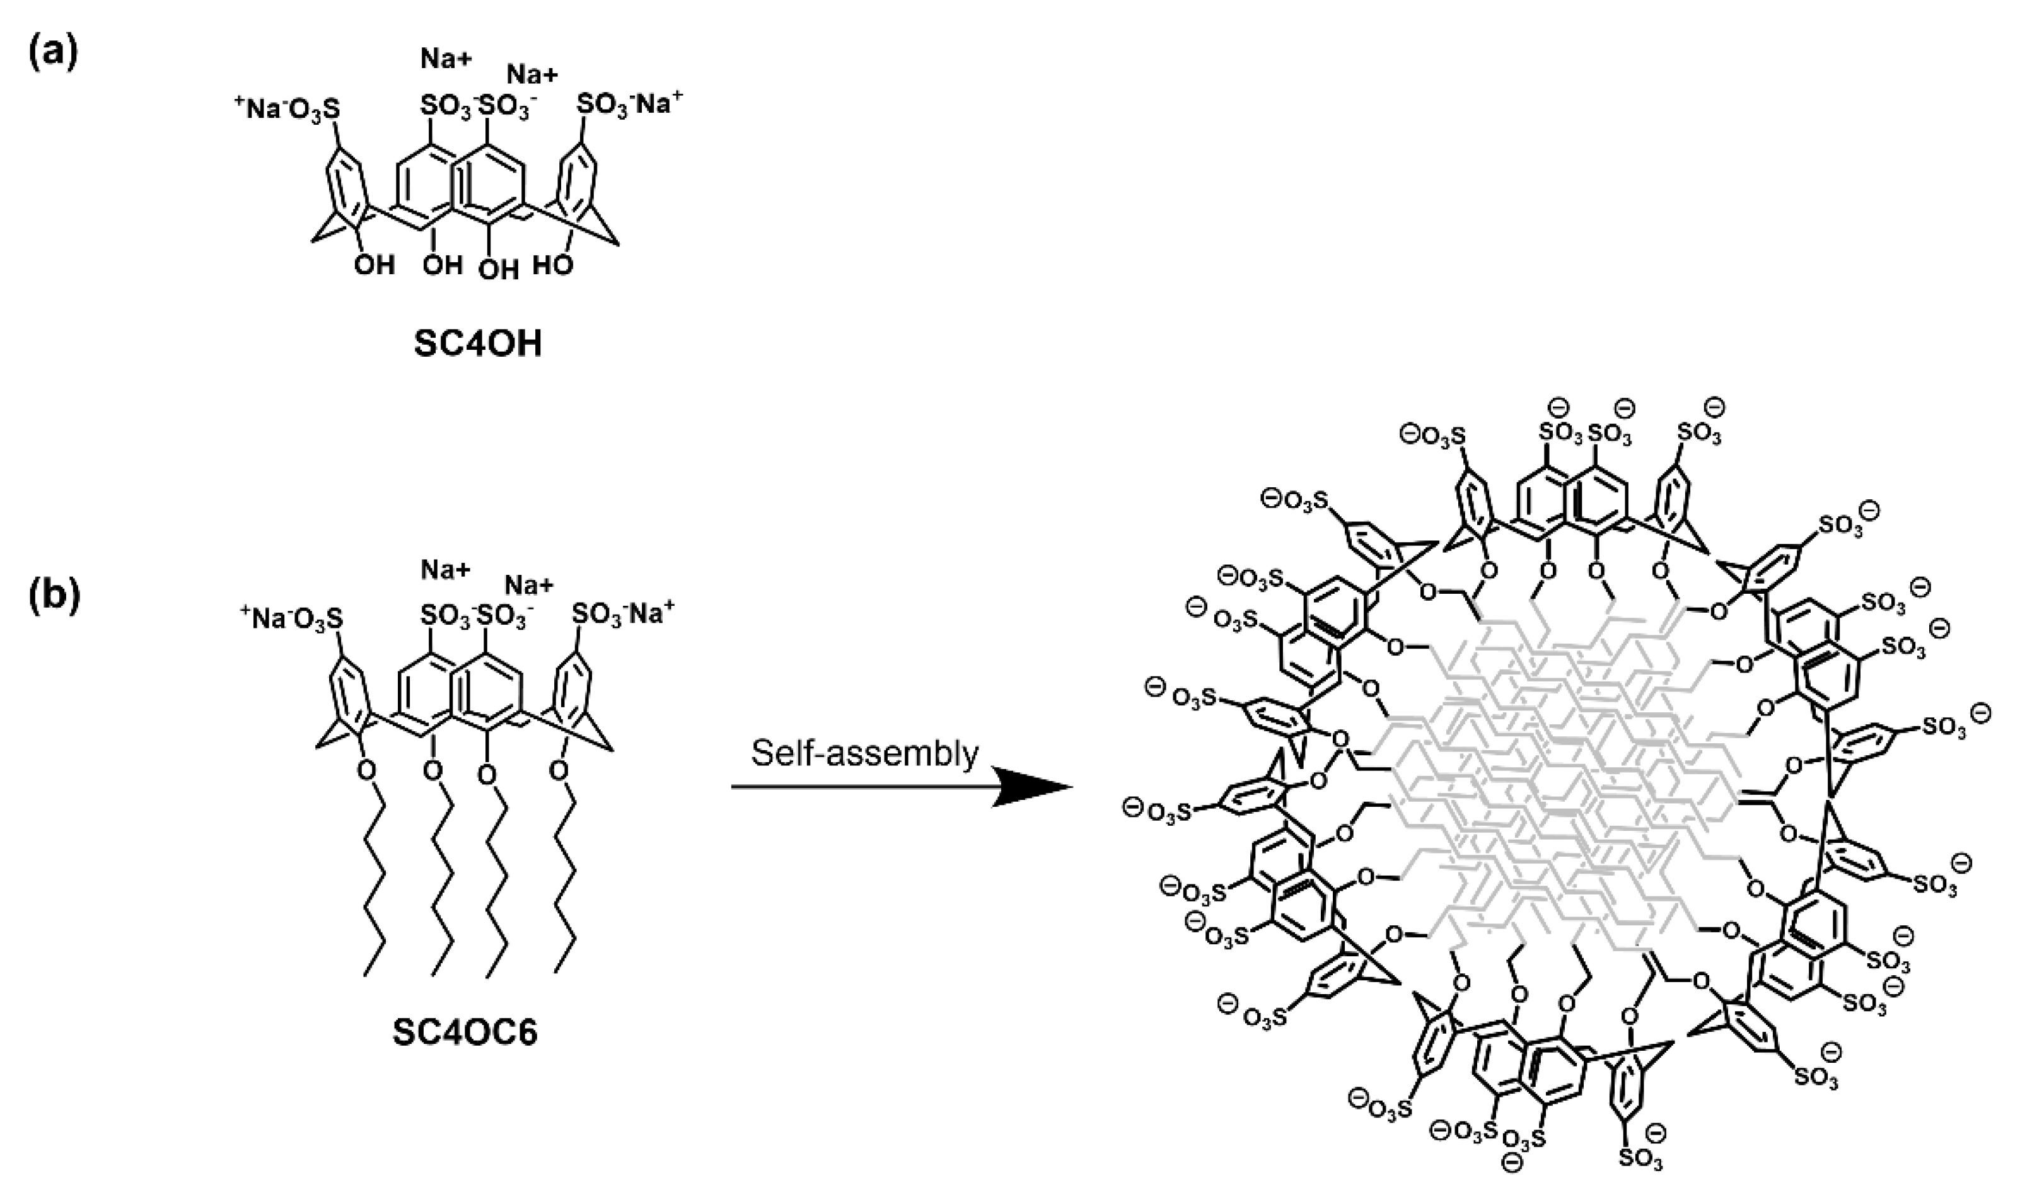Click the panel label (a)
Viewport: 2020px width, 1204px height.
(x=54, y=54)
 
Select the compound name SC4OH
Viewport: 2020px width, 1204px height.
(x=477, y=344)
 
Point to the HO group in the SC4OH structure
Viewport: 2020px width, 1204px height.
(x=554, y=265)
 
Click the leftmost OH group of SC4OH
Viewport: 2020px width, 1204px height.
(x=374, y=265)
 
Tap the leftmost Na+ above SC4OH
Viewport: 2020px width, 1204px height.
(x=445, y=59)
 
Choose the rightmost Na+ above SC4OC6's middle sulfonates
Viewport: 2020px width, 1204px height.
(x=529, y=584)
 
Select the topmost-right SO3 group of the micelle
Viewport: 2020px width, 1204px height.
(x=1700, y=433)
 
